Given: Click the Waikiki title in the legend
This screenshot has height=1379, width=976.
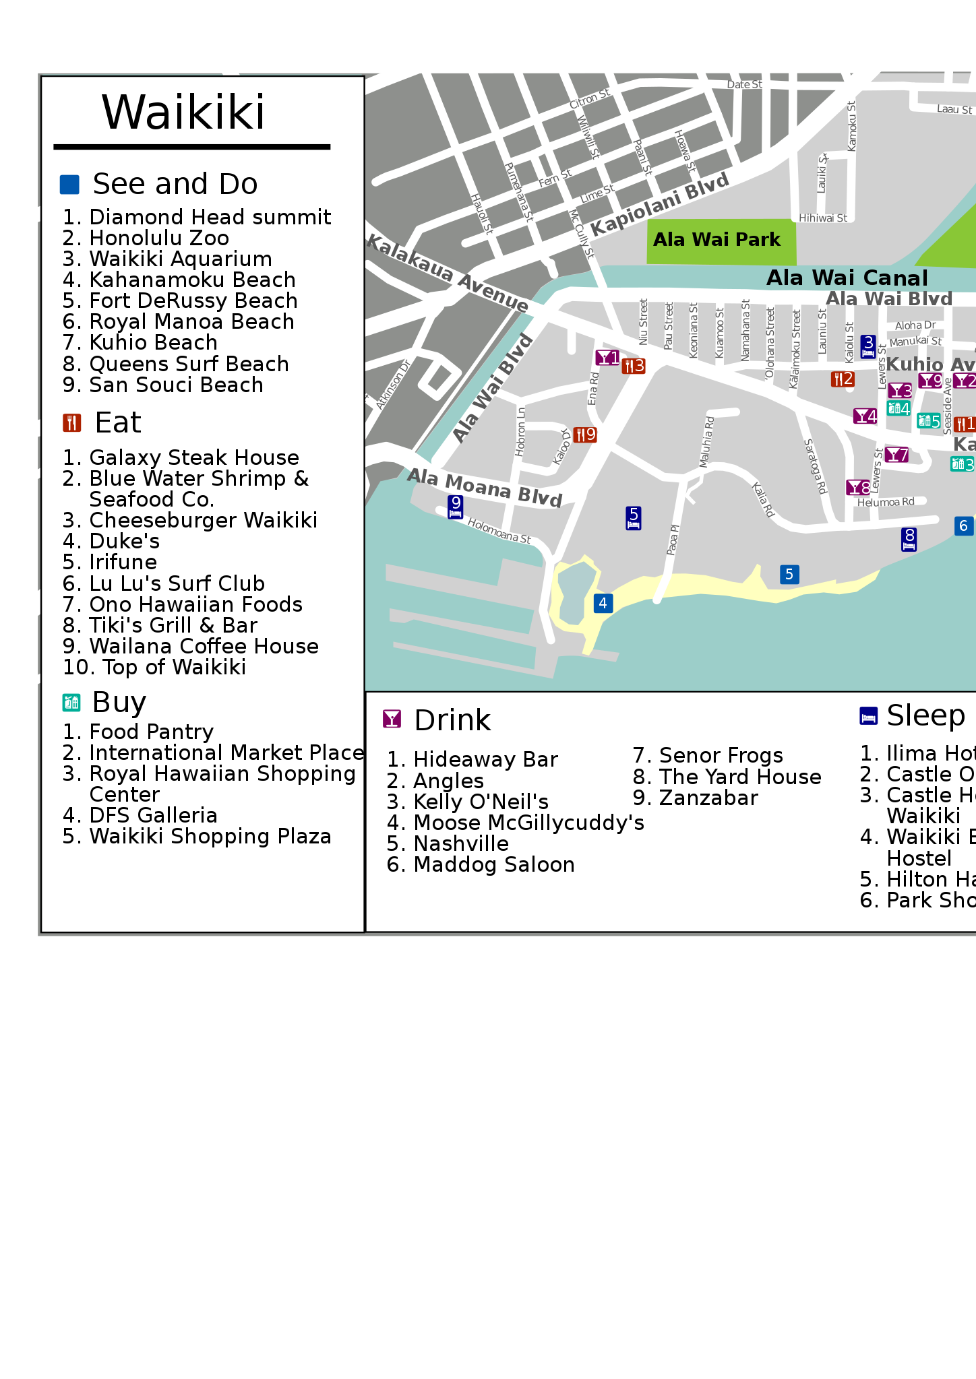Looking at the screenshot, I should click(x=183, y=113).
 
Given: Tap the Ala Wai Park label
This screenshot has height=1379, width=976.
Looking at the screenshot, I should click(x=716, y=240).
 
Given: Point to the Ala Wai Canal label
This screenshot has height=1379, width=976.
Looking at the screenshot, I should click(x=847, y=278).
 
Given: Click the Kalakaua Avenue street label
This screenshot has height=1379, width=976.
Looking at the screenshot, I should click(x=448, y=273).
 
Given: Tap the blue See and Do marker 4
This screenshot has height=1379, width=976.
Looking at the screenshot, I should click(x=603, y=603).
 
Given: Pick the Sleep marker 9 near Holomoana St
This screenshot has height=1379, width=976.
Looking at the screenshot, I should click(x=456, y=507).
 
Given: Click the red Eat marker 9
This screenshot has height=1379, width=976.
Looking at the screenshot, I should click(x=584, y=435).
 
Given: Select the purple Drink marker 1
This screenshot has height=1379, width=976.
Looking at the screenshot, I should click(x=607, y=358).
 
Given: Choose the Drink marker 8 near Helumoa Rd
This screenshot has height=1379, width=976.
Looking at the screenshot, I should click(x=858, y=488).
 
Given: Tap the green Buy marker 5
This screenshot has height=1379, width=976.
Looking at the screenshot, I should click(x=928, y=421).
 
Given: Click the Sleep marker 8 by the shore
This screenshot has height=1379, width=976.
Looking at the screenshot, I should click(x=909, y=539).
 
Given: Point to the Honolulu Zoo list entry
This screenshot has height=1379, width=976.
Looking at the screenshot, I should click(x=159, y=238).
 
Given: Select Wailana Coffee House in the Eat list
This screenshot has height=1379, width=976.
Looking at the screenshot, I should click(x=204, y=647).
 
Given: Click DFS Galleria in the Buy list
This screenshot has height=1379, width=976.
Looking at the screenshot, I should click(x=153, y=816).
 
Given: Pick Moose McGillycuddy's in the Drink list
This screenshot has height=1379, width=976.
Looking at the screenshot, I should click(x=528, y=823).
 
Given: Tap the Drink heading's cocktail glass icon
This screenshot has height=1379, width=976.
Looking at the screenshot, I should click(x=392, y=719).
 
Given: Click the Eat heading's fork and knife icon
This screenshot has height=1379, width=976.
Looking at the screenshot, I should click(x=71, y=423).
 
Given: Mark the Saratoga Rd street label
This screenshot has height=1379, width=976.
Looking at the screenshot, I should click(x=816, y=466).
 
